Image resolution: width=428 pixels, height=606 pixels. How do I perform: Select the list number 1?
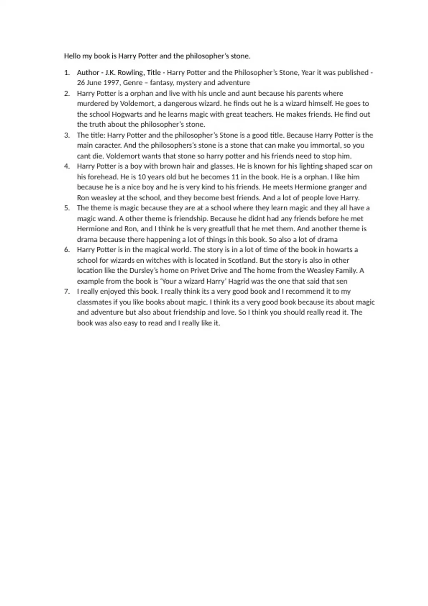pos(66,73)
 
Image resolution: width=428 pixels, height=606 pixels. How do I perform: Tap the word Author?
pos(88,73)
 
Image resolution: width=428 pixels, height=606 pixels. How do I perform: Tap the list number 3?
pos(66,135)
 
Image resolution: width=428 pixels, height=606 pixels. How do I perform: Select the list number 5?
pos(66,208)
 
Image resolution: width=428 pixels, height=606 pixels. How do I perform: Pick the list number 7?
pos(66,292)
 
